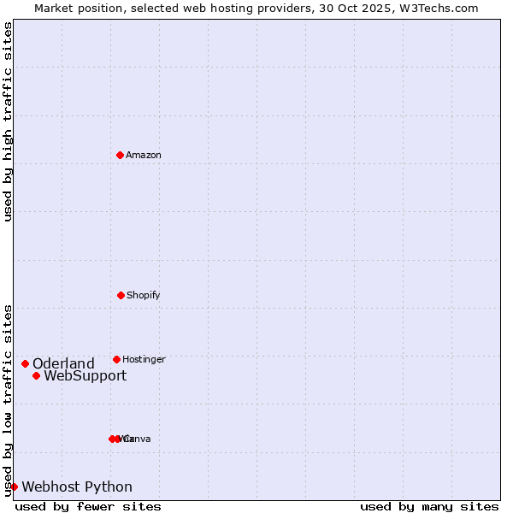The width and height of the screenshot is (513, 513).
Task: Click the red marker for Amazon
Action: click(x=120, y=155)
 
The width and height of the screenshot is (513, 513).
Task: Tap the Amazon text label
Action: click(x=144, y=155)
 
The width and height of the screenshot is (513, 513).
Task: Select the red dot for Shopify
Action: click(x=121, y=295)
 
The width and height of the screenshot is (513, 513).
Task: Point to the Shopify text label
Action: click(x=144, y=295)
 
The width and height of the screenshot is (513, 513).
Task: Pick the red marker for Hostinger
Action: click(x=116, y=359)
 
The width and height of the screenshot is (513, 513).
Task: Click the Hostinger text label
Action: click(x=144, y=359)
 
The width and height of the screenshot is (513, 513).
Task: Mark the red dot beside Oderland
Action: click(x=25, y=363)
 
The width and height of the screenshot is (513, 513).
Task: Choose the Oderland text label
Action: click(x=63, y=363)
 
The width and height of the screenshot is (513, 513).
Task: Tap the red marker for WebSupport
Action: click(x=36, y=375)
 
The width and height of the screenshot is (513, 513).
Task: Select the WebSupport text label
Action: click(x=85, y=375)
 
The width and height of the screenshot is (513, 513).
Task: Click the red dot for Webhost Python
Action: click(x=14, y=486)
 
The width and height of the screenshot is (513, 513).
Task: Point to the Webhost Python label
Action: click(x=77, y=486)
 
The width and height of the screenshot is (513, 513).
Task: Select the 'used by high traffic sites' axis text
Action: click(x=8, y=121)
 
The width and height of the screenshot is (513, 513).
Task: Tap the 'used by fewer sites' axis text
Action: click(x=88, y=506)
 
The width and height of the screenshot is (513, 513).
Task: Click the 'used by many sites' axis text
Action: click(x=429, y=506)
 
